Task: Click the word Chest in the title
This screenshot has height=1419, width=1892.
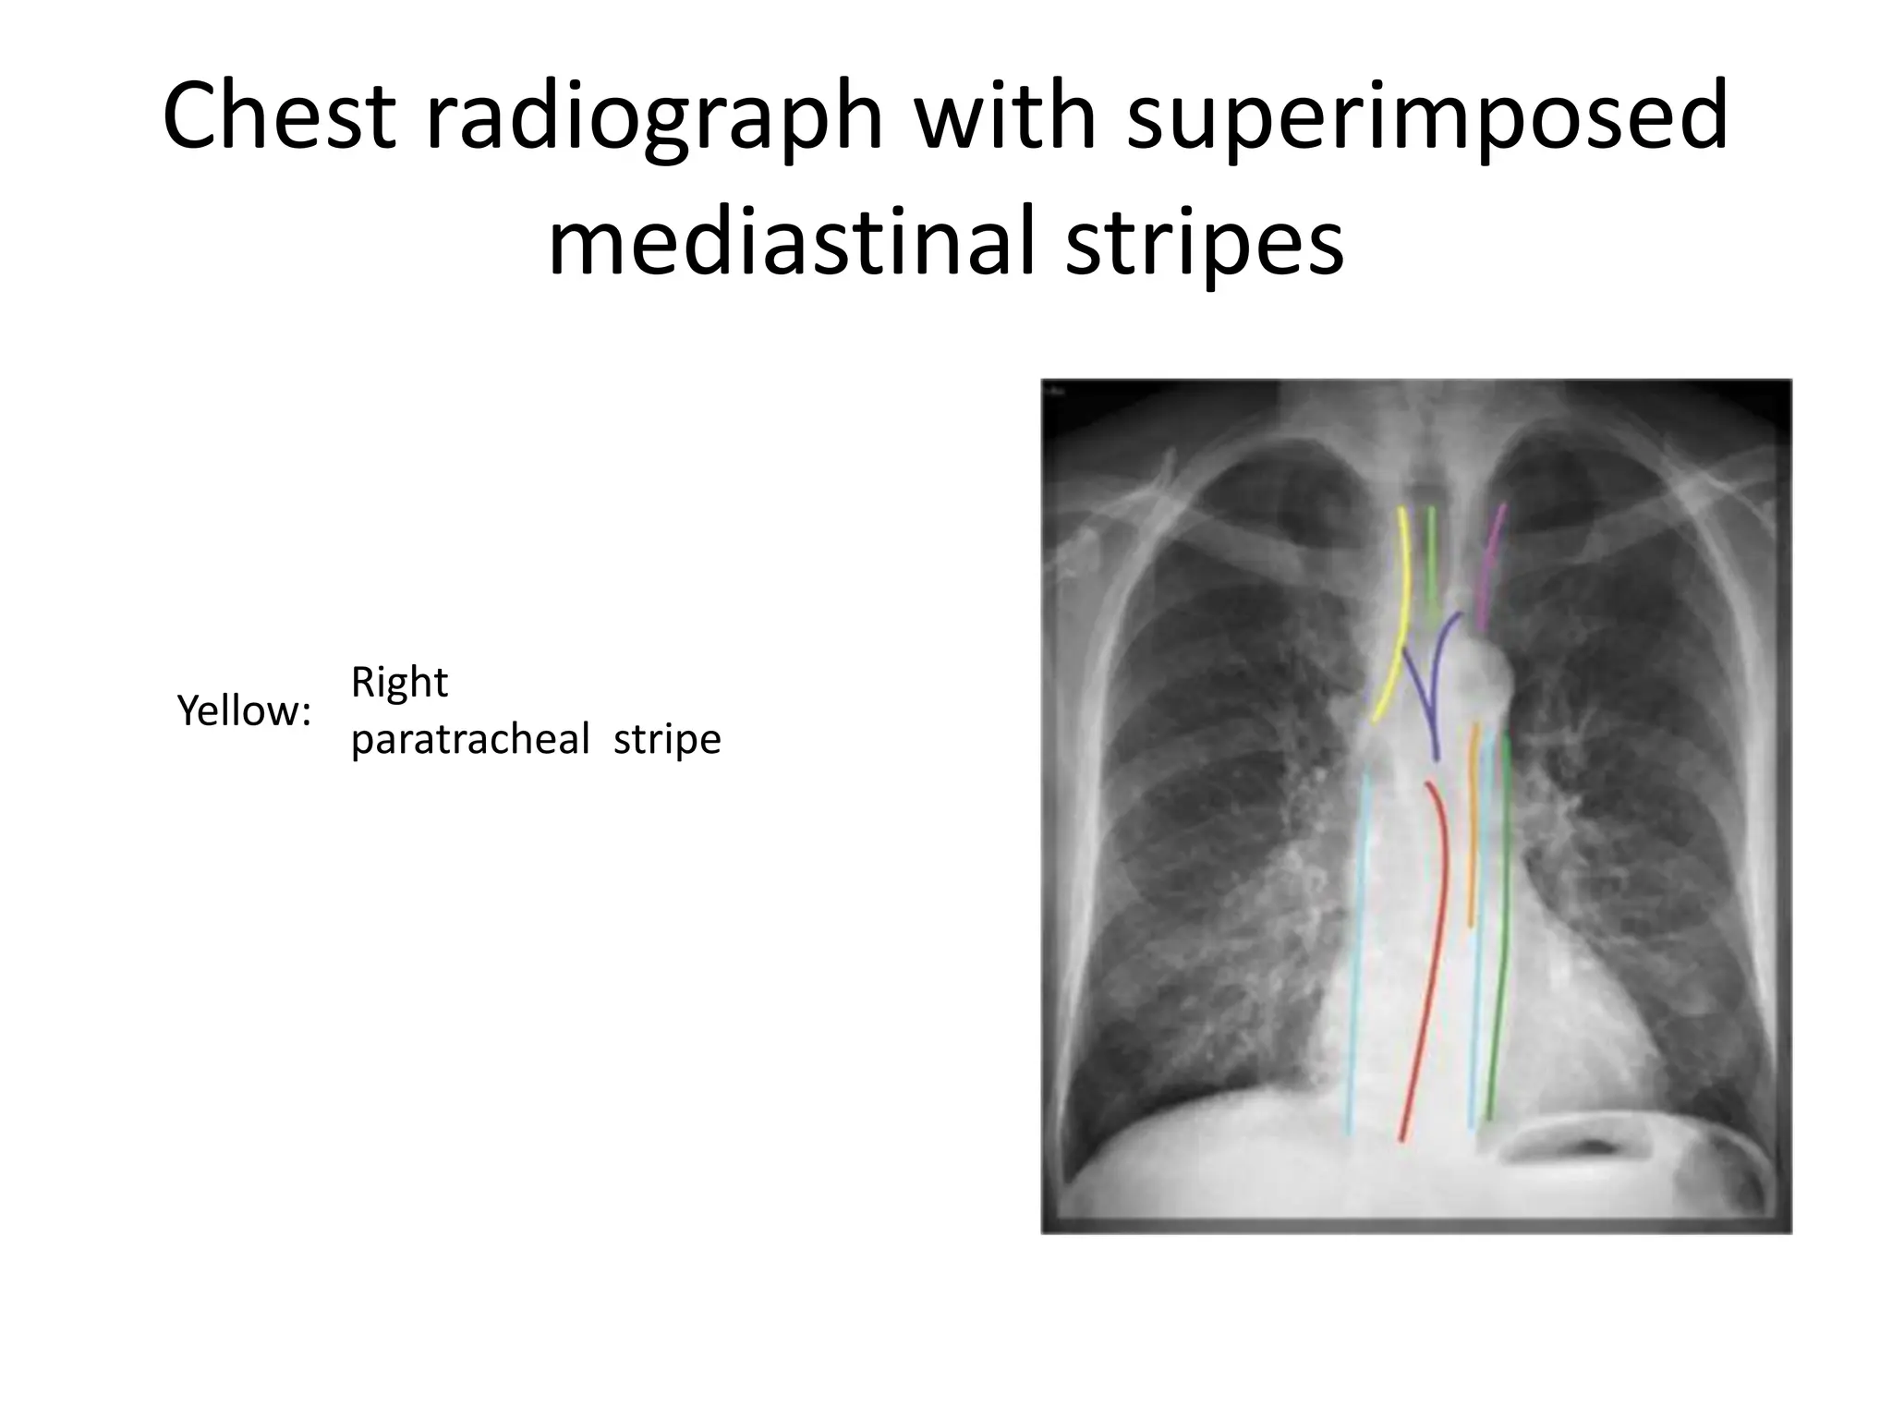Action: point(279,116)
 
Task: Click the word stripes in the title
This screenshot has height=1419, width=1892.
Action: point(1204,244)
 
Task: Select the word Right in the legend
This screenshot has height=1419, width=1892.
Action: point(399,684)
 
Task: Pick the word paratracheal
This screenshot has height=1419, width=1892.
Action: point(469,740)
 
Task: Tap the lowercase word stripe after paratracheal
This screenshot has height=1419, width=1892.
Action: point(667,739)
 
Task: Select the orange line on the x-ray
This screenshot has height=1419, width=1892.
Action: point(1473,831)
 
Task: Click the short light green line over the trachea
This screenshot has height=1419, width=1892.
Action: point(1431,564)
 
